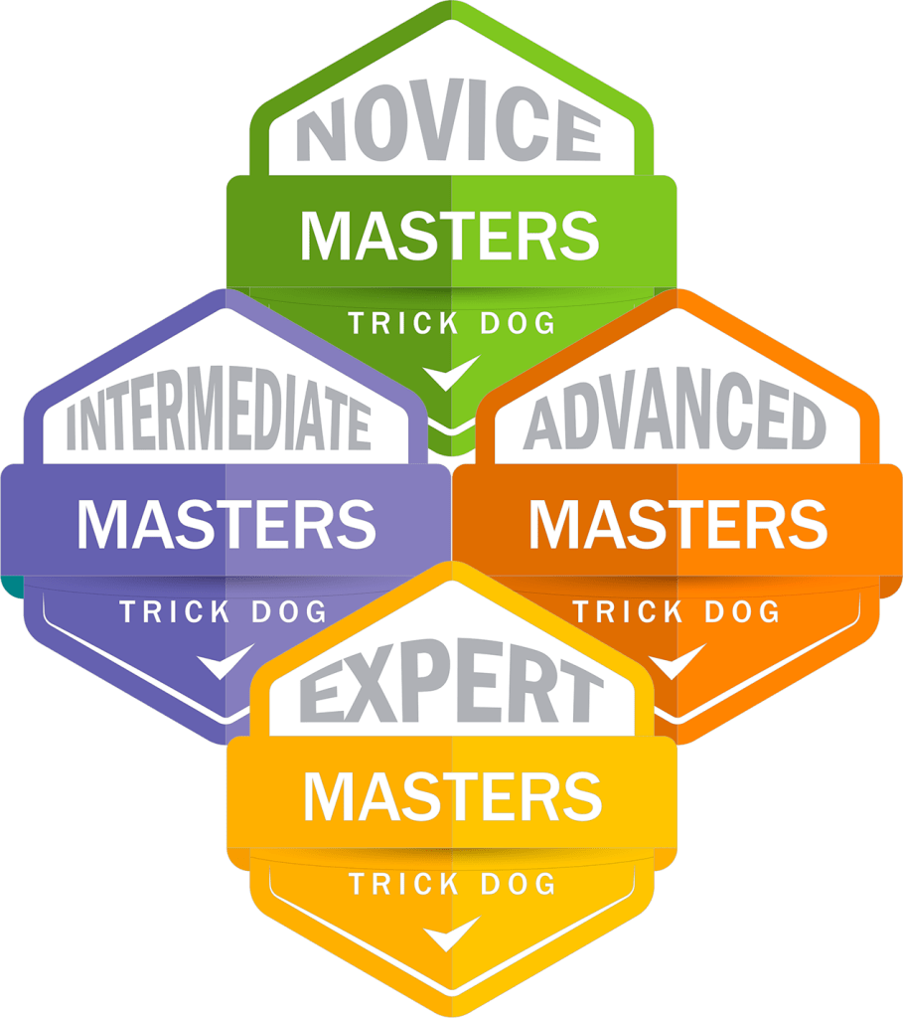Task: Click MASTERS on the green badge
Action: pyautogui.click(x=450, y=236)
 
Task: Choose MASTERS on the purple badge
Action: pyautogui.click(x=226, y=524)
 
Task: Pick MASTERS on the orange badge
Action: pyautogui.click(x=677, y=524)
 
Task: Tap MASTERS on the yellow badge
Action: pyautogui.click(x=453, y=796)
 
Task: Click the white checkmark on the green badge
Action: pyautogui.click(x=450, y=373)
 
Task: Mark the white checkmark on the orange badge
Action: pyautogui.click(x=676, y=661)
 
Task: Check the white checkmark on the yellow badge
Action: pyautogui.click(x=450, y=933)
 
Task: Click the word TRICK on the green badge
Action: pyautogui.click(x=404, y=323)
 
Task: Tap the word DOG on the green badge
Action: pyautogui.click(x=518, y=323)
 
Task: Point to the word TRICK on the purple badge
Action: pyautogui.click(x=175, y=612)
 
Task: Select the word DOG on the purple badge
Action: pyautogui.click(x=289, y=612)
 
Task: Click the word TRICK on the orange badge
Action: pyautogui.click(x=628, y=612)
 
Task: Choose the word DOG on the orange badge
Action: pyautogui.click(x=742, y=612)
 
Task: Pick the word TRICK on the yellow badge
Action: pyautogui.click(x=404, y=884)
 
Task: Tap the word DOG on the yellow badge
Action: pyautogui.click(x=518, y=884)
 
